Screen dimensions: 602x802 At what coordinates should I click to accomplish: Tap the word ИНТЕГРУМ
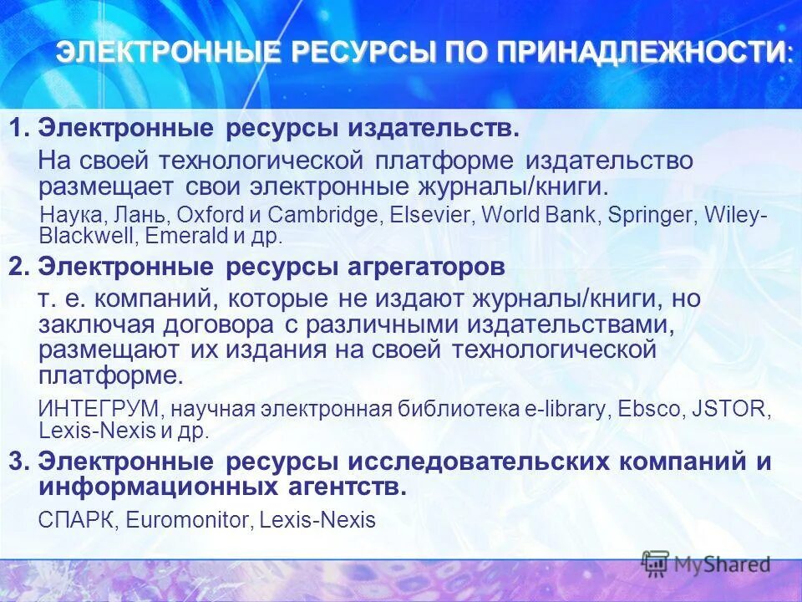point(92,410)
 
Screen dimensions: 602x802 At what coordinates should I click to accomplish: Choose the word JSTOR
point(732,410)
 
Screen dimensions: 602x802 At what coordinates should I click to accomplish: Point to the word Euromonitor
point(188,520)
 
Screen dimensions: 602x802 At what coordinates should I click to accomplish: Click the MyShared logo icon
point(655,563)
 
